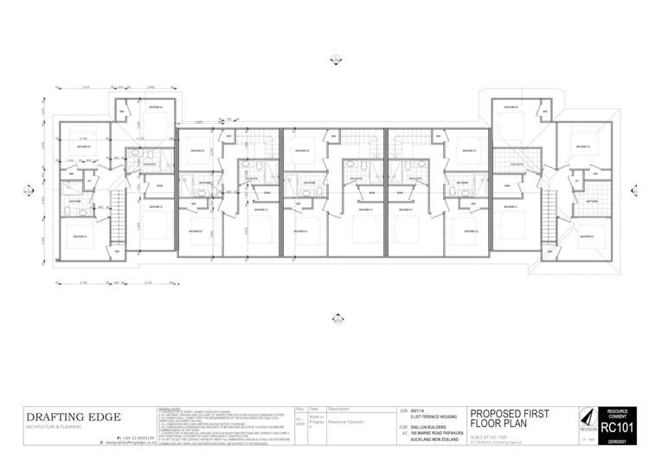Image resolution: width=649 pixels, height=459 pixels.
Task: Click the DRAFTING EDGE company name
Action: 74,417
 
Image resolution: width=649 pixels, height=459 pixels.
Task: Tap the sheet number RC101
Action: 617,428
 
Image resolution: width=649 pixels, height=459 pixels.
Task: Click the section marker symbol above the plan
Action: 337,59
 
